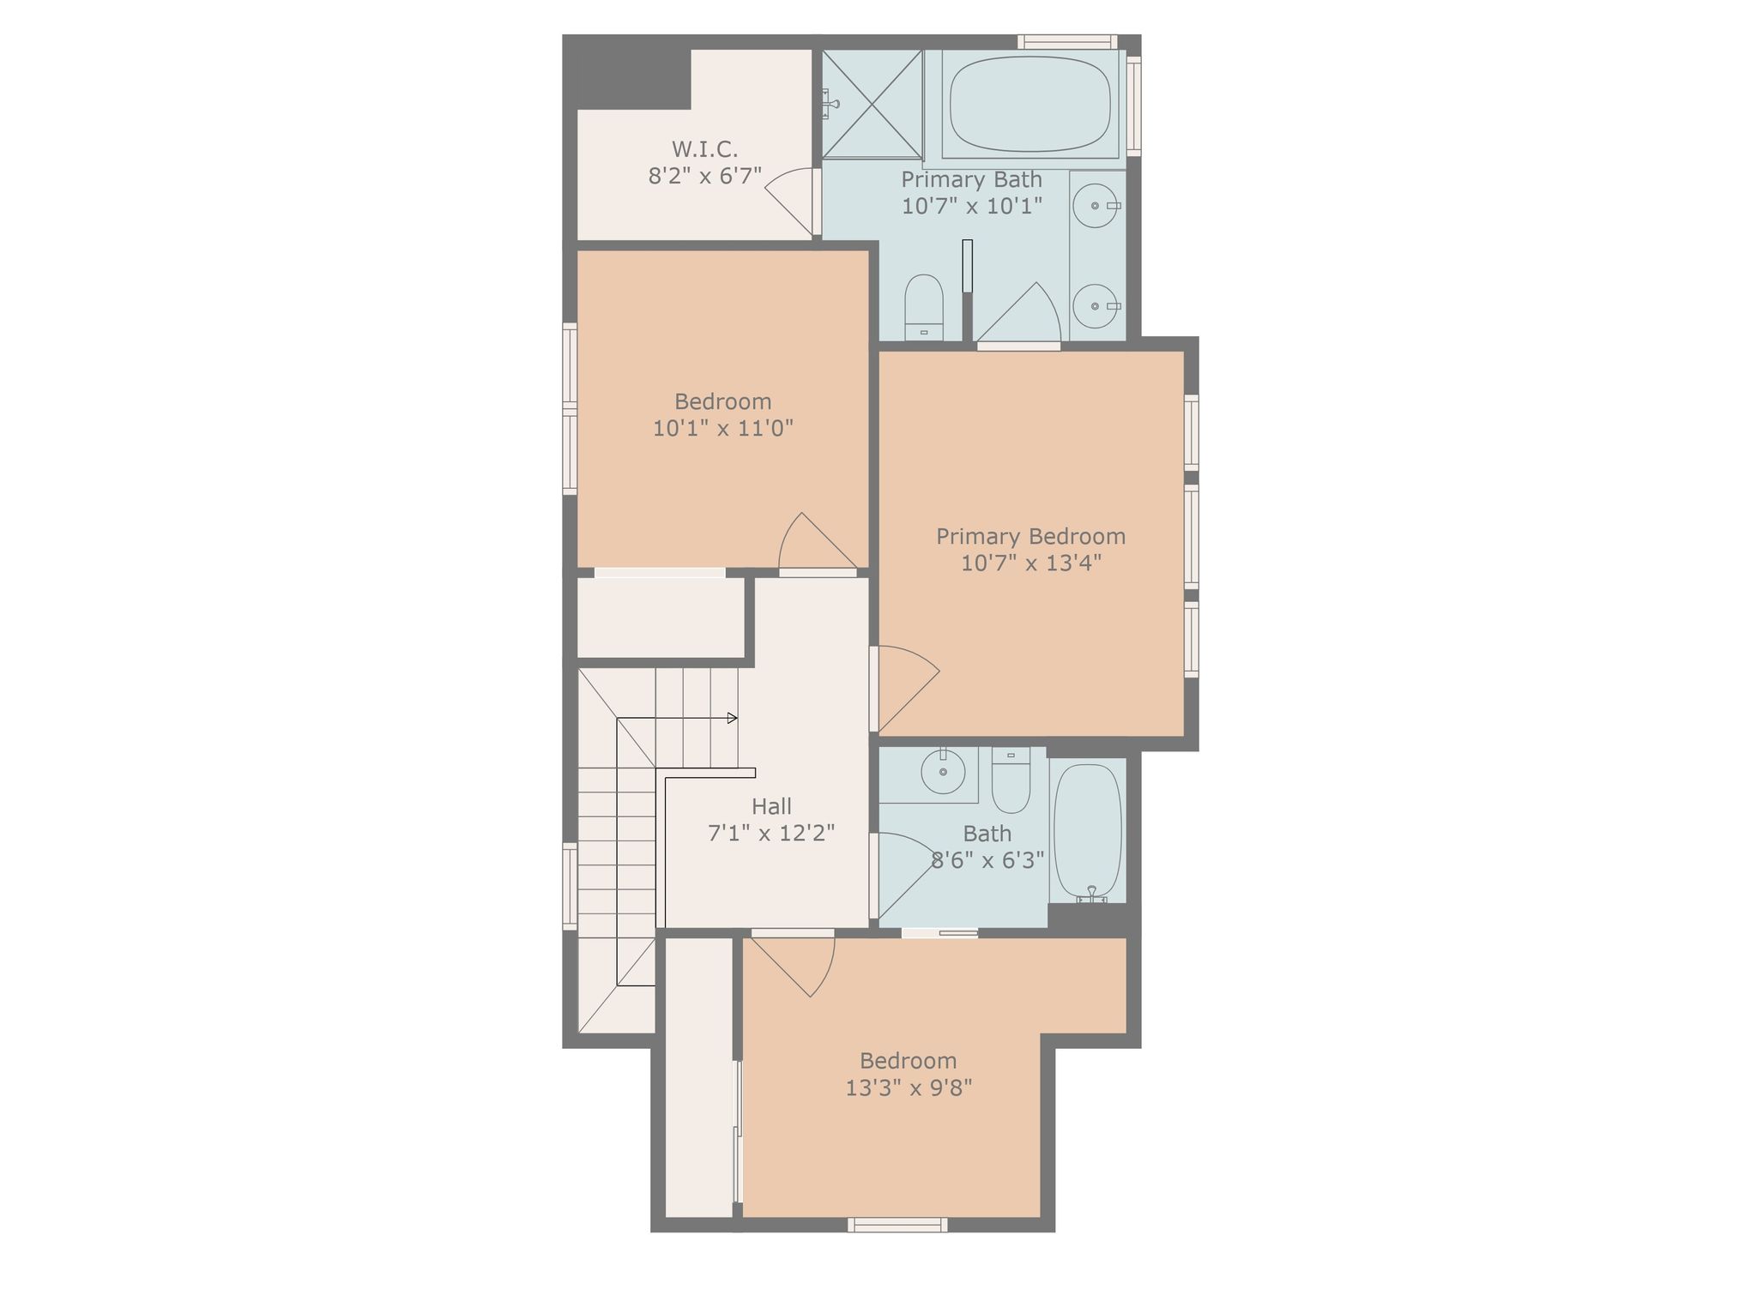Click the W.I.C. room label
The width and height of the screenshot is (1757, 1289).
pyautogui.click(x=704, y=149)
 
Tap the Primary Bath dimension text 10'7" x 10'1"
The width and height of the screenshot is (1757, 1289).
pyautogui.click(x=972, y=206)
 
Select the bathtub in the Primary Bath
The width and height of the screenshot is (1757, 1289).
pyautogui.click(x=1030, y=104)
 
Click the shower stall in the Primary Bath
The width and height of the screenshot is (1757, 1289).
pyautogui.click(x=872, y=104)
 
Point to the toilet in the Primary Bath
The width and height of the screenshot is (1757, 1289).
pyautogui.click(x=924, y=307)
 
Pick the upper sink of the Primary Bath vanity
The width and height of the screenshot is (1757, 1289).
pyautogui.click(x=1096, y=206)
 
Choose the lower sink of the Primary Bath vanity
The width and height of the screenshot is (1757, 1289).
pyautogui.click(x=1096, y=306)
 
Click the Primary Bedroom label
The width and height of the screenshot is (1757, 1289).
pyautogui.click(x=1030, y=537)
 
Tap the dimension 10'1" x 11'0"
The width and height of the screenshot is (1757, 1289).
pyautogui.click(x=723, y=428)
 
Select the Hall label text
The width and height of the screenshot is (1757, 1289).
pyautogui.click(x=771, y=806)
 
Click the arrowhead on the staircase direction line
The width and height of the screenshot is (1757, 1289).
pyautogui.click(x=733, y=718)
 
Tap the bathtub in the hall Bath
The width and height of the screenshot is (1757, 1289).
pyautogui.click(x=1088, y=831)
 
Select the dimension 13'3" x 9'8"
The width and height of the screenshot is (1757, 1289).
pyautogui.click(x=909, y=1088)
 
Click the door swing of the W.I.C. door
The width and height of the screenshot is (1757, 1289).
pyautogui.click(x=790, y=202)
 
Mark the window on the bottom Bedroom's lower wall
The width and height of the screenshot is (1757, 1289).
pyautogui.click(x=897, y=1225)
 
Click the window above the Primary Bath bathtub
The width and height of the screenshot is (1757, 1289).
pyautogui.click(x=1067, y=42)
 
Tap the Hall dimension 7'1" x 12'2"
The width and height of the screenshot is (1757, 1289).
pyautogui.click(x=771, y=833)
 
